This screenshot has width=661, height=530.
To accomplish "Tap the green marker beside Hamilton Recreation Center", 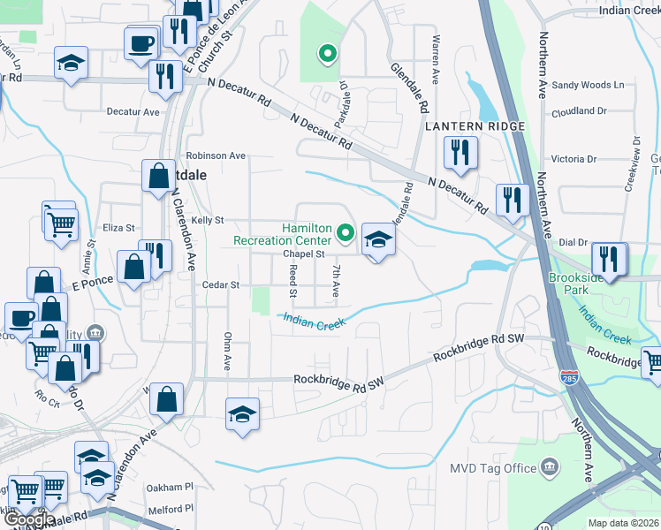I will coord(346,234).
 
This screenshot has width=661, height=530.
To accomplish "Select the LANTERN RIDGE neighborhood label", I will coord(475,126).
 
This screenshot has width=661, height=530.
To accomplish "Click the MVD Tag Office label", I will coord(494,467).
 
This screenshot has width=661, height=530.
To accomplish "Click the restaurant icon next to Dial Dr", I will coord(609,259).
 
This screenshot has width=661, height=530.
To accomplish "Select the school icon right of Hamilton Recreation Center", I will coord(377,239).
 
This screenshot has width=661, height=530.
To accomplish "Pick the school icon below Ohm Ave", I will coord(242,414).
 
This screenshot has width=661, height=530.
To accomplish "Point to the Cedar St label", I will coord(222,285).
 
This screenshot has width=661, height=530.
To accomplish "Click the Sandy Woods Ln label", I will coord(588,86).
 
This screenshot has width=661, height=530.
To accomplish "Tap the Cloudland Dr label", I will coord(579,111).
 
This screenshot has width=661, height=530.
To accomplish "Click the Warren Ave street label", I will coord(435,60).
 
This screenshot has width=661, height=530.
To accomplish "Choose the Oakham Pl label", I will coord(171,487).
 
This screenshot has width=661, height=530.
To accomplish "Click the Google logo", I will coord(28,519).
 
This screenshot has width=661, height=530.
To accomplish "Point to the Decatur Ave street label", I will coord(133,112).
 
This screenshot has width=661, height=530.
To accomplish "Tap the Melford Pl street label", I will coord(171,508).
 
